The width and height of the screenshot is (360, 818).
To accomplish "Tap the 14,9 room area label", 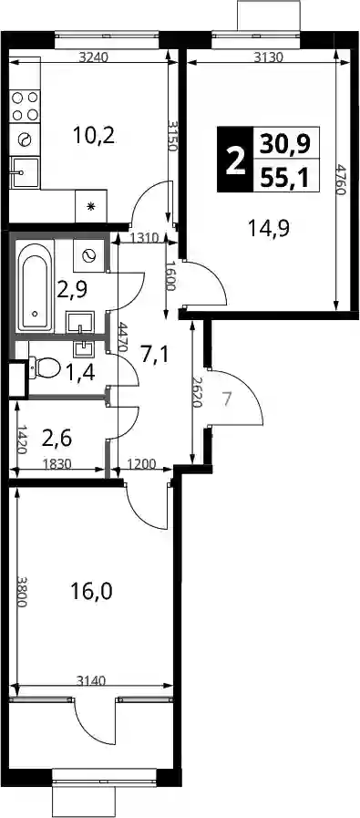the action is point(269,228).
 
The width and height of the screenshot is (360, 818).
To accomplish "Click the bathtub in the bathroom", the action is point(35,287).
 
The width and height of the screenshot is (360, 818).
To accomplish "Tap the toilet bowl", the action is point(45,368).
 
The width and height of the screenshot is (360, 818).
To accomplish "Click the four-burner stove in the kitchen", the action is point(25,106).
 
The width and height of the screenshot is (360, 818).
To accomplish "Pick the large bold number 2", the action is point(235,160).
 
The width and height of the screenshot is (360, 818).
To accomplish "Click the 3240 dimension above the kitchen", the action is point(93,57).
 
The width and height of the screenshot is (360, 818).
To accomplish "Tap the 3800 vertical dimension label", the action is point(22,591).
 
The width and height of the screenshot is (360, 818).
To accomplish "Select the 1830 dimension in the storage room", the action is point(57,463).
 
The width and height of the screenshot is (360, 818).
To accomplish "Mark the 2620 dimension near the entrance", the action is point(200,392).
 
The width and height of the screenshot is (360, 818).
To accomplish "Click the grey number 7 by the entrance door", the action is point(226,399).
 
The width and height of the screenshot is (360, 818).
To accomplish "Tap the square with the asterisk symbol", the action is point(91,206).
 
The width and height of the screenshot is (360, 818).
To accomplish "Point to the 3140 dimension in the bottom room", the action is point(92,680).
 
